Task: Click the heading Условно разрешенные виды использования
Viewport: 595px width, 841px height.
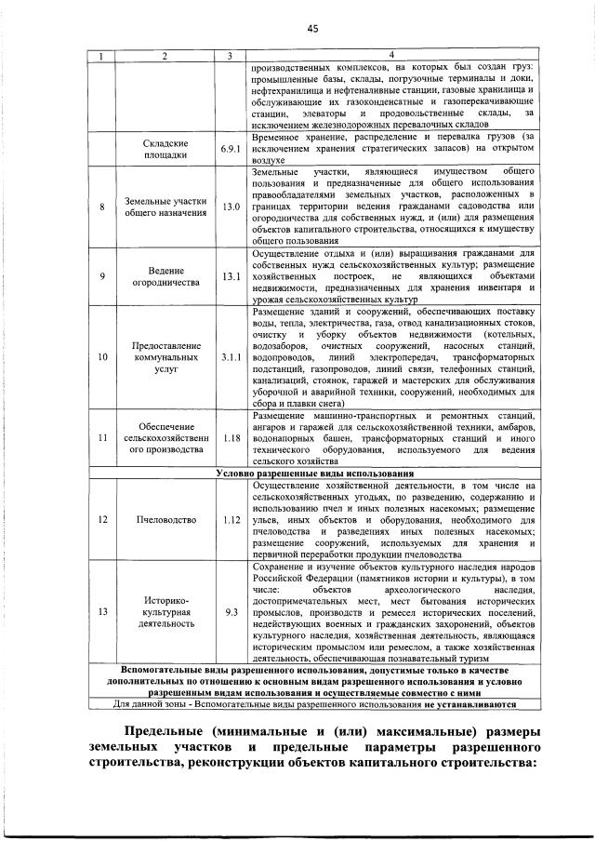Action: click(314, 473)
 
